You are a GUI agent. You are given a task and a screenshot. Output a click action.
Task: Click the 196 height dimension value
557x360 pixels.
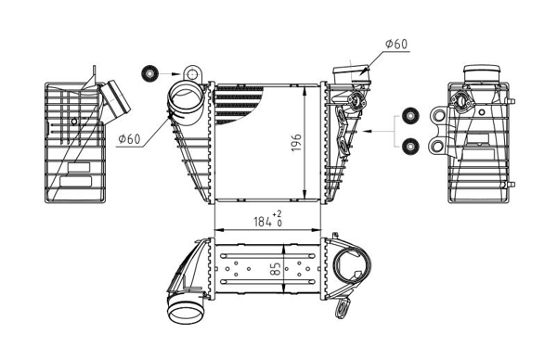click(297, 143)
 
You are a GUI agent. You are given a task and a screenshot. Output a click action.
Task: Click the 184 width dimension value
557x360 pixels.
click(263, 222)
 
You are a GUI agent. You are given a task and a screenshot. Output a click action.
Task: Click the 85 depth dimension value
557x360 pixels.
click(276, 268)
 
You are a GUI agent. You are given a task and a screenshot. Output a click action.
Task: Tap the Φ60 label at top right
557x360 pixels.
click(396, 44)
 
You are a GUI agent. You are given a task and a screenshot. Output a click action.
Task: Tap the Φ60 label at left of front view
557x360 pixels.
click(129, 139)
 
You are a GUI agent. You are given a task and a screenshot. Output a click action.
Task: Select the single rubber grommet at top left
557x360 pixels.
click(149, 74)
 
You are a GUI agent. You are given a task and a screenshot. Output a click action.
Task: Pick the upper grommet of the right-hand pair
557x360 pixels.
click(410, 115)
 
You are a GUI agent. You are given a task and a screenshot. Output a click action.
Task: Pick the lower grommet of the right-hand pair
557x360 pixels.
click(410, 146)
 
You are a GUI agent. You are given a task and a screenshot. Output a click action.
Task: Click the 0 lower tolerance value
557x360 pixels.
click(279, 224)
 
